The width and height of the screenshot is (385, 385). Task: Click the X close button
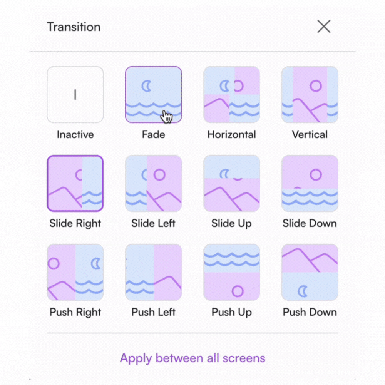(x=324, y=27)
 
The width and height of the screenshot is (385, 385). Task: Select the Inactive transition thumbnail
(x=75, y=95)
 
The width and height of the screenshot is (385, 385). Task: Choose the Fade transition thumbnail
(x=154, y=95)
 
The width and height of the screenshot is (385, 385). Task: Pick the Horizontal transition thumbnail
(x=231, y=95)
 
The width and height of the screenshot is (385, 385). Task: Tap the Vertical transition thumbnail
(x=310, y=95)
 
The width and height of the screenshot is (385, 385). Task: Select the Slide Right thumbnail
(x=75, y=183)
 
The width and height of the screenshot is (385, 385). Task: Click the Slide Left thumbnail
(x=154, y=183)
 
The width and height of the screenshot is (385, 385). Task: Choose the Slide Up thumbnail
(x=231, y=183)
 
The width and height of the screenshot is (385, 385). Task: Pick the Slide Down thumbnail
(x=310, y=183)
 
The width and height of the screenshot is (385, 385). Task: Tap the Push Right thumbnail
(x=75, y=272)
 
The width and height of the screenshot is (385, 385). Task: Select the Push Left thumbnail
(x=154, y=272)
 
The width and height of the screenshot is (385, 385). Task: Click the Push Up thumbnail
(x=231, y=272)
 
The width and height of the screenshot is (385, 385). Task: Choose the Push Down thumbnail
(x=310, y=272)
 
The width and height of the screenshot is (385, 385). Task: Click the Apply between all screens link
(x=192, y=358)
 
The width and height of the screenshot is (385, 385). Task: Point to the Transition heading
(x=74, y=27)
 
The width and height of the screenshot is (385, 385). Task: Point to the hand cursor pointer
(x=166, y=116)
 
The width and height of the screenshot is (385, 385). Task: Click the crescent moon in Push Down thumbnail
(x=300, y=291)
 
